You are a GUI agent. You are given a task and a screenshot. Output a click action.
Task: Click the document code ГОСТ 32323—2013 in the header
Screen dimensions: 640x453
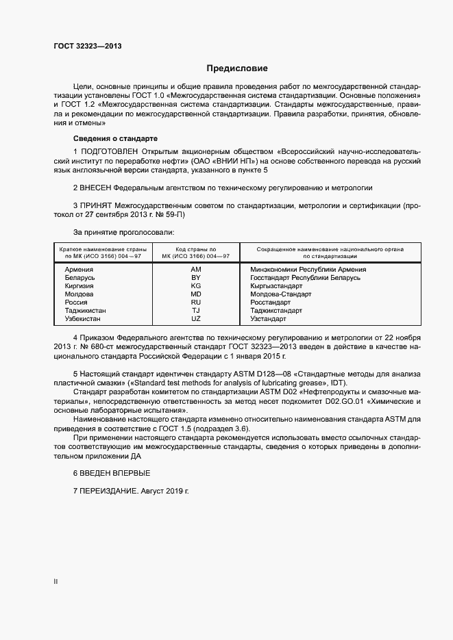coord(88,47)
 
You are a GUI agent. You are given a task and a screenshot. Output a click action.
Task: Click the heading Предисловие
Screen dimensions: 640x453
coord(237,68)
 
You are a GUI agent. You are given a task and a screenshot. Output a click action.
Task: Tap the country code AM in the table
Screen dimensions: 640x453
coord(195,270)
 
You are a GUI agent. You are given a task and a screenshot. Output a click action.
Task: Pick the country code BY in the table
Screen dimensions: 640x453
coord(195,278)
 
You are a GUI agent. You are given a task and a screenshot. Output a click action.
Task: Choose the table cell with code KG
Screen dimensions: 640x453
coord(195,286)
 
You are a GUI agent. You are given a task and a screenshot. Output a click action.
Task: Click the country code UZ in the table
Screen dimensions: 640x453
coord(195,319)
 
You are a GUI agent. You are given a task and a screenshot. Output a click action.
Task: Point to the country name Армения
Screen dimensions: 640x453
coord(79,270)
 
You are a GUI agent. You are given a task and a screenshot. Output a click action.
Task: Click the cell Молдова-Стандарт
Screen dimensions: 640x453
coord(280,294)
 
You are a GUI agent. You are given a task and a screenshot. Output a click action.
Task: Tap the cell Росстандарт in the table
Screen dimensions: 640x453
coord(271,303)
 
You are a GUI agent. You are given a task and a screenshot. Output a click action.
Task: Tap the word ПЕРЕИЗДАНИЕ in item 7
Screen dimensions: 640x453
coord(109,491)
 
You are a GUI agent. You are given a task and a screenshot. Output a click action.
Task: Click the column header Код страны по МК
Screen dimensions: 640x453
coord(195,253)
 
